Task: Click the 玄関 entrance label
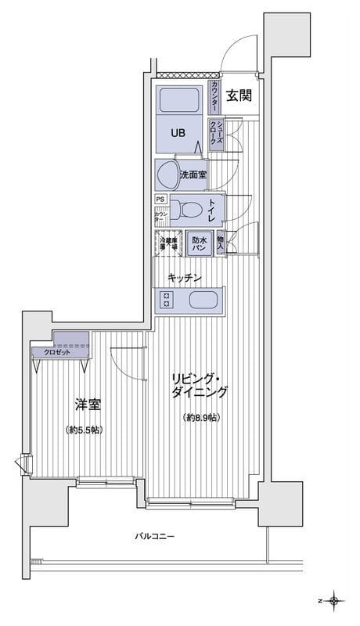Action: pyautogui.click(x=239, y=96)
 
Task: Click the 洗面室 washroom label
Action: pyautogui.click(x=193, y=174)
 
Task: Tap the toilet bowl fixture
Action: pyautogui.click(x=183, y=210)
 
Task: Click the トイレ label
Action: pyautogui.click(x=212, y=209)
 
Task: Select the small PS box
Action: pyautogui.click(x=160, y=199)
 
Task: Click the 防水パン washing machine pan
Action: pyautogui.click(x=199, y=243)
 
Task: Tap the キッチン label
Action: pyautogui.click(x=185, y=277)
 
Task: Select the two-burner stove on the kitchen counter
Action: pyautogui.click(x=167, y=300)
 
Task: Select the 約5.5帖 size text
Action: pyautogui.click(x=85, y=430)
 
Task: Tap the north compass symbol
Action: pyautogui.click(x=336, y=601)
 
